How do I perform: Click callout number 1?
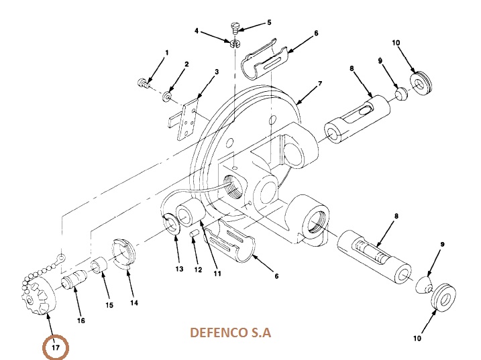(x=166, y=52)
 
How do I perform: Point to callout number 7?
(x=320, y=84)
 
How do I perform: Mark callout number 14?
(x=134, y=302)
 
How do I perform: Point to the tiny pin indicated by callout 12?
(x=193, y=234)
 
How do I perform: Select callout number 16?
(x=81, y=320)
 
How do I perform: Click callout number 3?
(x=216, y=72)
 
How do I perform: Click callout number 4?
(x=197, y=32)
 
